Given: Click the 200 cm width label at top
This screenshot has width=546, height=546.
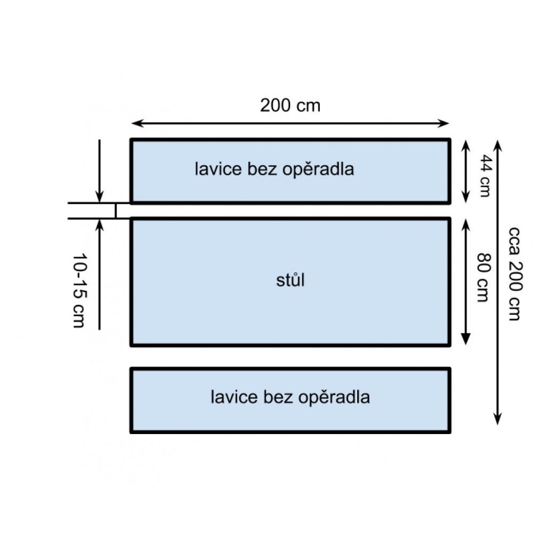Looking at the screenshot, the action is coord(291,106).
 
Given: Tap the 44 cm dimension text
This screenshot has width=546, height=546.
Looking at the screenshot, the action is coord(484,175).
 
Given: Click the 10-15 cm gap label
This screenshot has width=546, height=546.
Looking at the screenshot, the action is coord(78,291).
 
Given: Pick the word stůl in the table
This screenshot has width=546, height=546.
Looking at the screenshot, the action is coord(291,280).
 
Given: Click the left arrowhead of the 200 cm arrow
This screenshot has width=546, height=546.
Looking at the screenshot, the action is coord(135,124).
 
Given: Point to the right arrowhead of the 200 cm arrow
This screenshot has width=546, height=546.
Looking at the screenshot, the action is coord(445,124).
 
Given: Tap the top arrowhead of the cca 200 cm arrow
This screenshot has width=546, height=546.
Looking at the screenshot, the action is coord(497,144).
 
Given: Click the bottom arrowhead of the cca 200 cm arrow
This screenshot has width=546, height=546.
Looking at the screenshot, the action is coord(497,420).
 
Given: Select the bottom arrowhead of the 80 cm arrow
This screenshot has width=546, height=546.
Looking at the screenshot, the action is coord(465,340).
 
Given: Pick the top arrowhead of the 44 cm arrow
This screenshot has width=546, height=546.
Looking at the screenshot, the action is coord(465,144).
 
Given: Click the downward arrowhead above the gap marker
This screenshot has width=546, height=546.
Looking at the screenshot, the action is coord(99,197).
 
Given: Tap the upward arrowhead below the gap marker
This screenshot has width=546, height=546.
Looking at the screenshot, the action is coord(99,224).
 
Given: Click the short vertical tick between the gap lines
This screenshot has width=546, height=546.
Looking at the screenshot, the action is coord(115,211).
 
